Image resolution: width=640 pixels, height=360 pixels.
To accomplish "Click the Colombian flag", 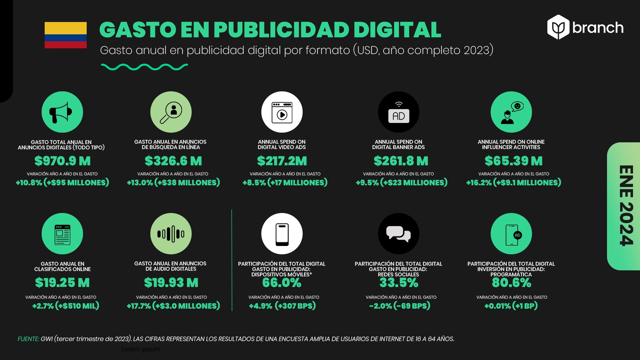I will (66, 35).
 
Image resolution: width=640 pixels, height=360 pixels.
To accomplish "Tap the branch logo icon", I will (558, 27).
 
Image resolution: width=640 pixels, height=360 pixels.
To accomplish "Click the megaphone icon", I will (62, 112).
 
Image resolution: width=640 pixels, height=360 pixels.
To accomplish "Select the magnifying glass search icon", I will (171, 112).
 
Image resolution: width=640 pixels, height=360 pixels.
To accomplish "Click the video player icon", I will (282, 112).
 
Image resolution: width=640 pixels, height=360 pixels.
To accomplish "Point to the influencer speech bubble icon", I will (511, 112).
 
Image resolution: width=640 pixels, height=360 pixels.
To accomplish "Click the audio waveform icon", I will (171, 234).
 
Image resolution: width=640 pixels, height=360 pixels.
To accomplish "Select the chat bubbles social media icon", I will (399, 234).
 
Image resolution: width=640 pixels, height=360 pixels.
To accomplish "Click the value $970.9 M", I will (62, 161).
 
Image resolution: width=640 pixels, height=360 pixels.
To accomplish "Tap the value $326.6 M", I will (173, 161).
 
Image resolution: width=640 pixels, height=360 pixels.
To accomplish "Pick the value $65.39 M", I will (513, 161).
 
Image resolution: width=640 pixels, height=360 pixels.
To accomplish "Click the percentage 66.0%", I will (282, 283).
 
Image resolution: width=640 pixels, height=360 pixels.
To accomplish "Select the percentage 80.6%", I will (511, 283).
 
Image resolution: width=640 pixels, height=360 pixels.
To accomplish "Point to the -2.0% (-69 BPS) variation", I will (400, 306).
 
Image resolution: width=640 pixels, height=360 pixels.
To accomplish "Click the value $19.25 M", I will (62, 283).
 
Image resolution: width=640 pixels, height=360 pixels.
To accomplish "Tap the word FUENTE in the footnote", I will (28, 339).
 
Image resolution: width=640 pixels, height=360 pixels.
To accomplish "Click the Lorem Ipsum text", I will (141, 349).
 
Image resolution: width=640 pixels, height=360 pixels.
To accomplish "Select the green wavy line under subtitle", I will (144, 67).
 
